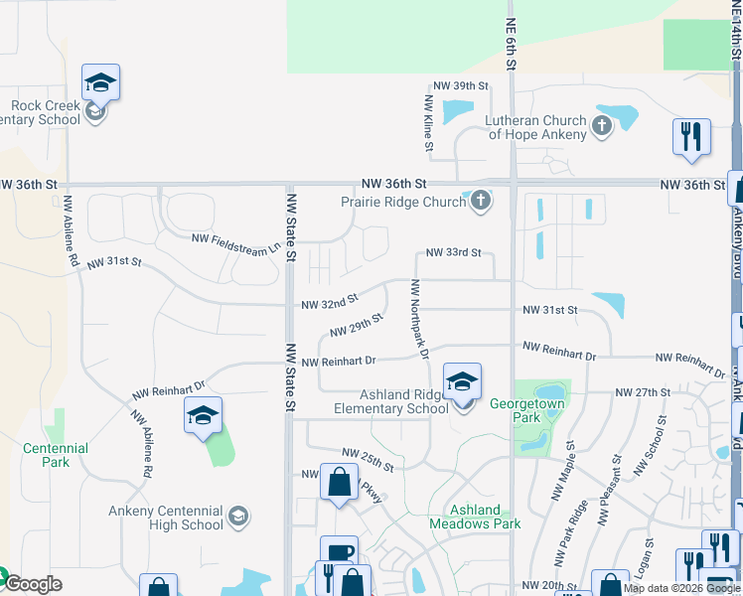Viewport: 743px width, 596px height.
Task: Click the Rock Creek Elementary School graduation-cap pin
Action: click(x=100, y=83)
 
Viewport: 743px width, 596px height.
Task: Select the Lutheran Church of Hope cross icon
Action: click(x=601, y=126)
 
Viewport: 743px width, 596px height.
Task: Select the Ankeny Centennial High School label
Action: click(x=166, y=518)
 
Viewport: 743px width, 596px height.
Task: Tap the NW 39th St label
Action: click(x=461, y=86)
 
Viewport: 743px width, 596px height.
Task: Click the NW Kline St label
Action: click(x=428, y=124)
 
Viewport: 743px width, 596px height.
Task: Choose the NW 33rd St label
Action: click(x=453, y=253)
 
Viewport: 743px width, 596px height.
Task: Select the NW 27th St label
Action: click(x=643, y=392)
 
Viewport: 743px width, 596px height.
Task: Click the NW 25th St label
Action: click(x=368, y=460)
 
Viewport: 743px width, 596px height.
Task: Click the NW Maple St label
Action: click(x=563, y=471)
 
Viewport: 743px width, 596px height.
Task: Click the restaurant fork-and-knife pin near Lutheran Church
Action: click(x=691, y=137)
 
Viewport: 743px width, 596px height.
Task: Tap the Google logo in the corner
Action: click(x=32, y=584)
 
